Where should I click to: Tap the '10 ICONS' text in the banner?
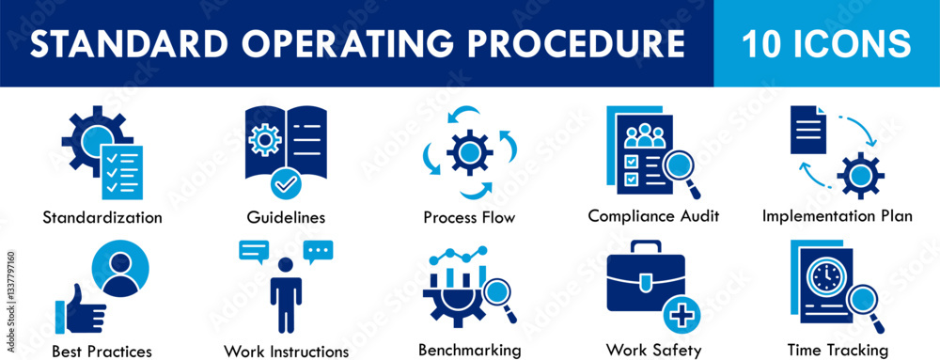pyautogui.click(x=825, y=43)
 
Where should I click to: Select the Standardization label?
pyautogui.click(x=102, y=217)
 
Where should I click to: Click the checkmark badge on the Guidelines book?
pyautogui.click(x=286, y=182)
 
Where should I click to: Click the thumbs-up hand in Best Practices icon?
pyautogui.click(x=78, y=312)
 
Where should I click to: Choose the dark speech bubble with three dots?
pyautogui.click(x=319, y=250)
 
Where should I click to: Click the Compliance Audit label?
pyautogui.click(x=653, y=215)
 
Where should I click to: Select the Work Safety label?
pyautogui.click(x=653, y=351)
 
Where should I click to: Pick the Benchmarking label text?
pyautogui.click(x=469, y=350)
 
